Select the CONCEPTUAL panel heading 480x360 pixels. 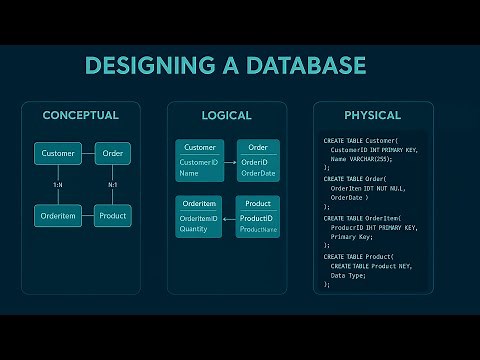(x=80, y=115)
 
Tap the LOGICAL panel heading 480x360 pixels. (x=226, y=115)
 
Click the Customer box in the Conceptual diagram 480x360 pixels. (x=59, y=154)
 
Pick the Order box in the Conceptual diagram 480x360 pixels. (x=112, y=154)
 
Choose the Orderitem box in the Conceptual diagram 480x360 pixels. (x=59, y=215)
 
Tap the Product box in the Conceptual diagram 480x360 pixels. (x=112, y=215)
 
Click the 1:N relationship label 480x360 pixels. (x=59, y=184)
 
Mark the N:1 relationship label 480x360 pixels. (x=113, y=184)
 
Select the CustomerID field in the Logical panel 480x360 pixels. (x=198, y=162)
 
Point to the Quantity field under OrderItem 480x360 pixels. (x=194, y=229)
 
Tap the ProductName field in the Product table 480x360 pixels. (x=258, y=230)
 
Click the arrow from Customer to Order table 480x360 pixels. (x=230, y=162)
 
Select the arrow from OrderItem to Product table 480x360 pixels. (x=230, y=218)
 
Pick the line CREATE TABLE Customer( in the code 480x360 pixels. (x=360, y=141)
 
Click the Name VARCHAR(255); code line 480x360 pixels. (x=361, y=159)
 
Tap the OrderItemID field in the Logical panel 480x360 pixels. (x=198, y=218)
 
